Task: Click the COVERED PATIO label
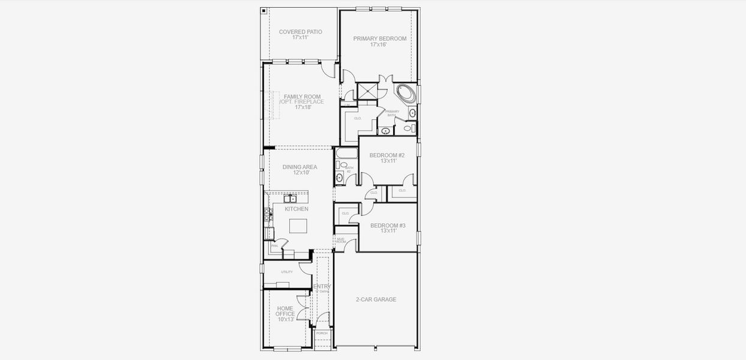[300, 32]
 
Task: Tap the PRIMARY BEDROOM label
[379, 38]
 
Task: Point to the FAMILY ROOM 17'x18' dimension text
[302, 107]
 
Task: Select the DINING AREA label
[300, 167]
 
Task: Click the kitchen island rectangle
[298, 226]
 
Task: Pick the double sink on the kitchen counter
[290, 198]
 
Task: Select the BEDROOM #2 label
[387, 155]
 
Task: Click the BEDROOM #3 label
[388, 226]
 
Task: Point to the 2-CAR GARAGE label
[376, 299]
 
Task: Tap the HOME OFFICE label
[285, 311]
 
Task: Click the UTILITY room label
[287, 272]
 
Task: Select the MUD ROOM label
[340, 239]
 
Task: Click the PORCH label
[322, 333]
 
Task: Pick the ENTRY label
[322, 286]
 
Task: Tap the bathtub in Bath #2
[346, 153]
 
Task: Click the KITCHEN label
[296, 209]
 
